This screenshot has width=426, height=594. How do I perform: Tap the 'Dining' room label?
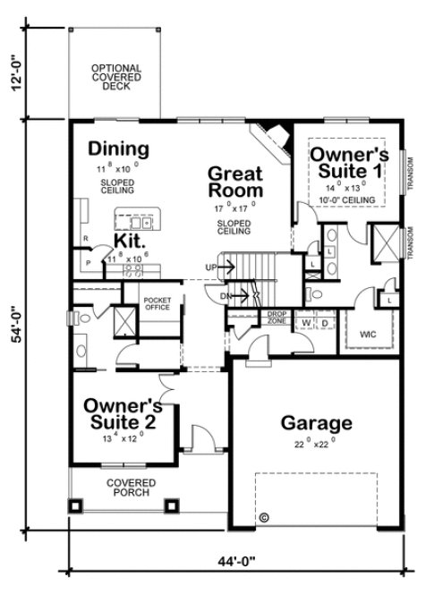point(118,148)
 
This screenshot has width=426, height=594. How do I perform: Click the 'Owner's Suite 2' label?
point(124,414)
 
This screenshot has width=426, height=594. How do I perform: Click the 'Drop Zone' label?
point(277,318)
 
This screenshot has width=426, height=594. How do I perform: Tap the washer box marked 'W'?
point(306,321)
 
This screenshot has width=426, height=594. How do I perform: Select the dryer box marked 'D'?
point(324,321)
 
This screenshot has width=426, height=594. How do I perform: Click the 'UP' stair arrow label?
point(211,267)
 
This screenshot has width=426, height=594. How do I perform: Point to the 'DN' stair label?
point(228,295)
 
